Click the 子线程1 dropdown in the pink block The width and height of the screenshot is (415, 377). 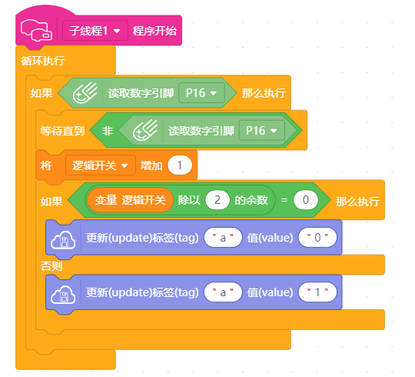point(95,31)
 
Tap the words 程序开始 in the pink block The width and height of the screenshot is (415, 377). point(154,31)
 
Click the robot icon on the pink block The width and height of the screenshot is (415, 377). point(36,31)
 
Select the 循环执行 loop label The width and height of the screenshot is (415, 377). point(43,61)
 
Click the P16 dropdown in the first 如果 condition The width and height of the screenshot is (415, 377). point(201,93)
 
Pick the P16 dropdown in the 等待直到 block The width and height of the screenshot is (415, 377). point(262,131)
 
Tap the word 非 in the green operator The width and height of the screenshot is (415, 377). point(108,131)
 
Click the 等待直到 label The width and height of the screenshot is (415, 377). point(62,131)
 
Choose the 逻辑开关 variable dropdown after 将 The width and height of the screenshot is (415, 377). point(101,165)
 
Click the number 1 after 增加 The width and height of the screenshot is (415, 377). point(180,165)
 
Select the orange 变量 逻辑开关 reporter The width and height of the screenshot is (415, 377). point(130,200)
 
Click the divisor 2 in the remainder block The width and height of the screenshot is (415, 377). point(217,200)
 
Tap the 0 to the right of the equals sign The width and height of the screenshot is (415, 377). point(305,200)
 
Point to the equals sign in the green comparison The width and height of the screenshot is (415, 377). point(284,200)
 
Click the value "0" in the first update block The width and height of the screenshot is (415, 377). point(317,238)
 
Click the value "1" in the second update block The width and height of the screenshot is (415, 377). point(317,292)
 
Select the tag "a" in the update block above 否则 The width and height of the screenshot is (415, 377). point(223,238)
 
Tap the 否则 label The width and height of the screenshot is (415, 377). point(51,265)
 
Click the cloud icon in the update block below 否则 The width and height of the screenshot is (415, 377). point(63,295)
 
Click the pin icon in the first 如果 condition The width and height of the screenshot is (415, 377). point(85,93)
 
